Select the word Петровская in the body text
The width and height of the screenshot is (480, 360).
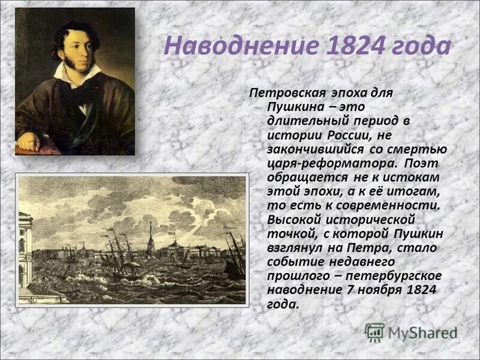pyautogui.click(x=287, y=93)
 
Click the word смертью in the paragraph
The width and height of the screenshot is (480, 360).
pyautogui.click(x=423, y=149)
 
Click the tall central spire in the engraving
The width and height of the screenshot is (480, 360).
pyautogui.click(x=151, y=236)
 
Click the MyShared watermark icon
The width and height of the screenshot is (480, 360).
pyautogui.click(x=375, y=332)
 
